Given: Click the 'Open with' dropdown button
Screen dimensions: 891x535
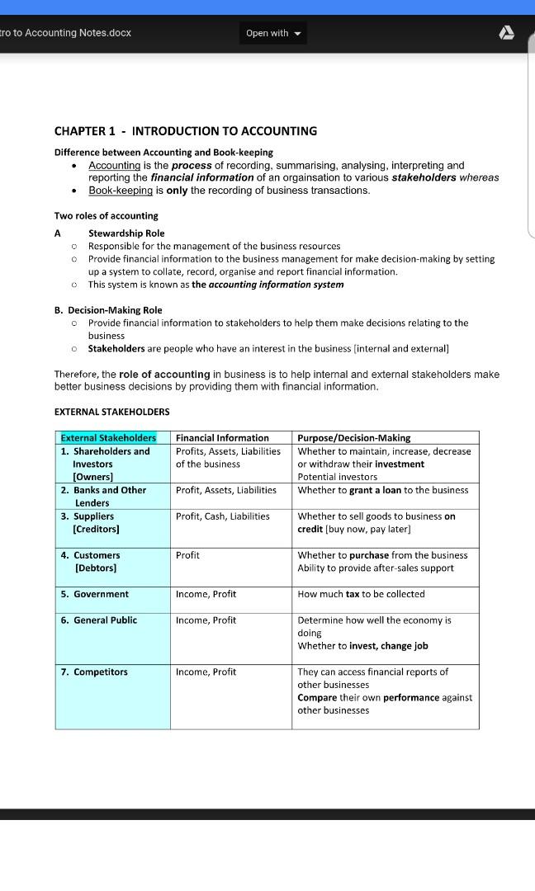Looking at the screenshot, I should pos(273,33).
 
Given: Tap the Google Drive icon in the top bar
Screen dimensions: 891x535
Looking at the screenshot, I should pos(507,33).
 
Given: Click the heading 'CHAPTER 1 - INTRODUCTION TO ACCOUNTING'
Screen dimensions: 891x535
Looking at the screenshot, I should pos(185,131).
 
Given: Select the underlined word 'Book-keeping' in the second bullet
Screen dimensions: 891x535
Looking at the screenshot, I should pos(121,191).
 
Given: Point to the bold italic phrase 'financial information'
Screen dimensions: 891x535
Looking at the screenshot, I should pos(202,177).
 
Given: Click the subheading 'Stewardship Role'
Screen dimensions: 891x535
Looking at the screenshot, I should pos(126,233).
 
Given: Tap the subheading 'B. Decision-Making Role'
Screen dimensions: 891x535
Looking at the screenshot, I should pos(108,310).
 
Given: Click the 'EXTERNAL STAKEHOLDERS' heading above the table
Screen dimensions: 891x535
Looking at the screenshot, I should pos(111,412).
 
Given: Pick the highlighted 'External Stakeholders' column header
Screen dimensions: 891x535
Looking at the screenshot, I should pos(108,438).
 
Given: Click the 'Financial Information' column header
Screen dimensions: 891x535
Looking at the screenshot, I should pos(222,438).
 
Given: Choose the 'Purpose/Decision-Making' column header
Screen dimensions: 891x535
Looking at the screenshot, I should pos(353,438).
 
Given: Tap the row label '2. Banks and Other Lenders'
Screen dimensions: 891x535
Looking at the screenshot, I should pos(103,496).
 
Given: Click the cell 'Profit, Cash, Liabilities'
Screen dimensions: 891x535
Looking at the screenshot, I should pos(222,516).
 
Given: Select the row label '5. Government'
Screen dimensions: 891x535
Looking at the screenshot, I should pos(94,594).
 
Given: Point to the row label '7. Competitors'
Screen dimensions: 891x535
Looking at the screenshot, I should pos(94,672).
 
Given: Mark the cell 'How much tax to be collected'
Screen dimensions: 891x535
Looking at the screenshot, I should pos(361,594).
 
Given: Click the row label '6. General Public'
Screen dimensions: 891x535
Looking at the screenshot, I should pos(98,620).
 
